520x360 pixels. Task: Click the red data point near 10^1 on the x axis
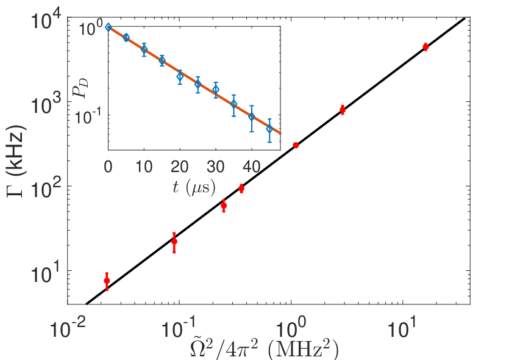point(426,47)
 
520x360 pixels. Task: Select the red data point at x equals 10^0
point(296,145)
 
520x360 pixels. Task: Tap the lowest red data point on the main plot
point(107,281)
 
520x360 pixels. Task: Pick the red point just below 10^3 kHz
point(343,109)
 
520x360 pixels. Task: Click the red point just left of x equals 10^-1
point(174,242)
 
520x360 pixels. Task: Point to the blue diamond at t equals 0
point(109,27)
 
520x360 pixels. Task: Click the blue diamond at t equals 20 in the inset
point(180,77)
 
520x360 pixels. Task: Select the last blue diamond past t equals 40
point(269,129)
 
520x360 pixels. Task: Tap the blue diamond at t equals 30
point(216,89)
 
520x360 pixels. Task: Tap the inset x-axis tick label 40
point(252,167)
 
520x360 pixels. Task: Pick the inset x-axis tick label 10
point(144,167)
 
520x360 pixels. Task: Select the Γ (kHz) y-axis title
point(16,162)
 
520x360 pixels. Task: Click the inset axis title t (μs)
point(194,187)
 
